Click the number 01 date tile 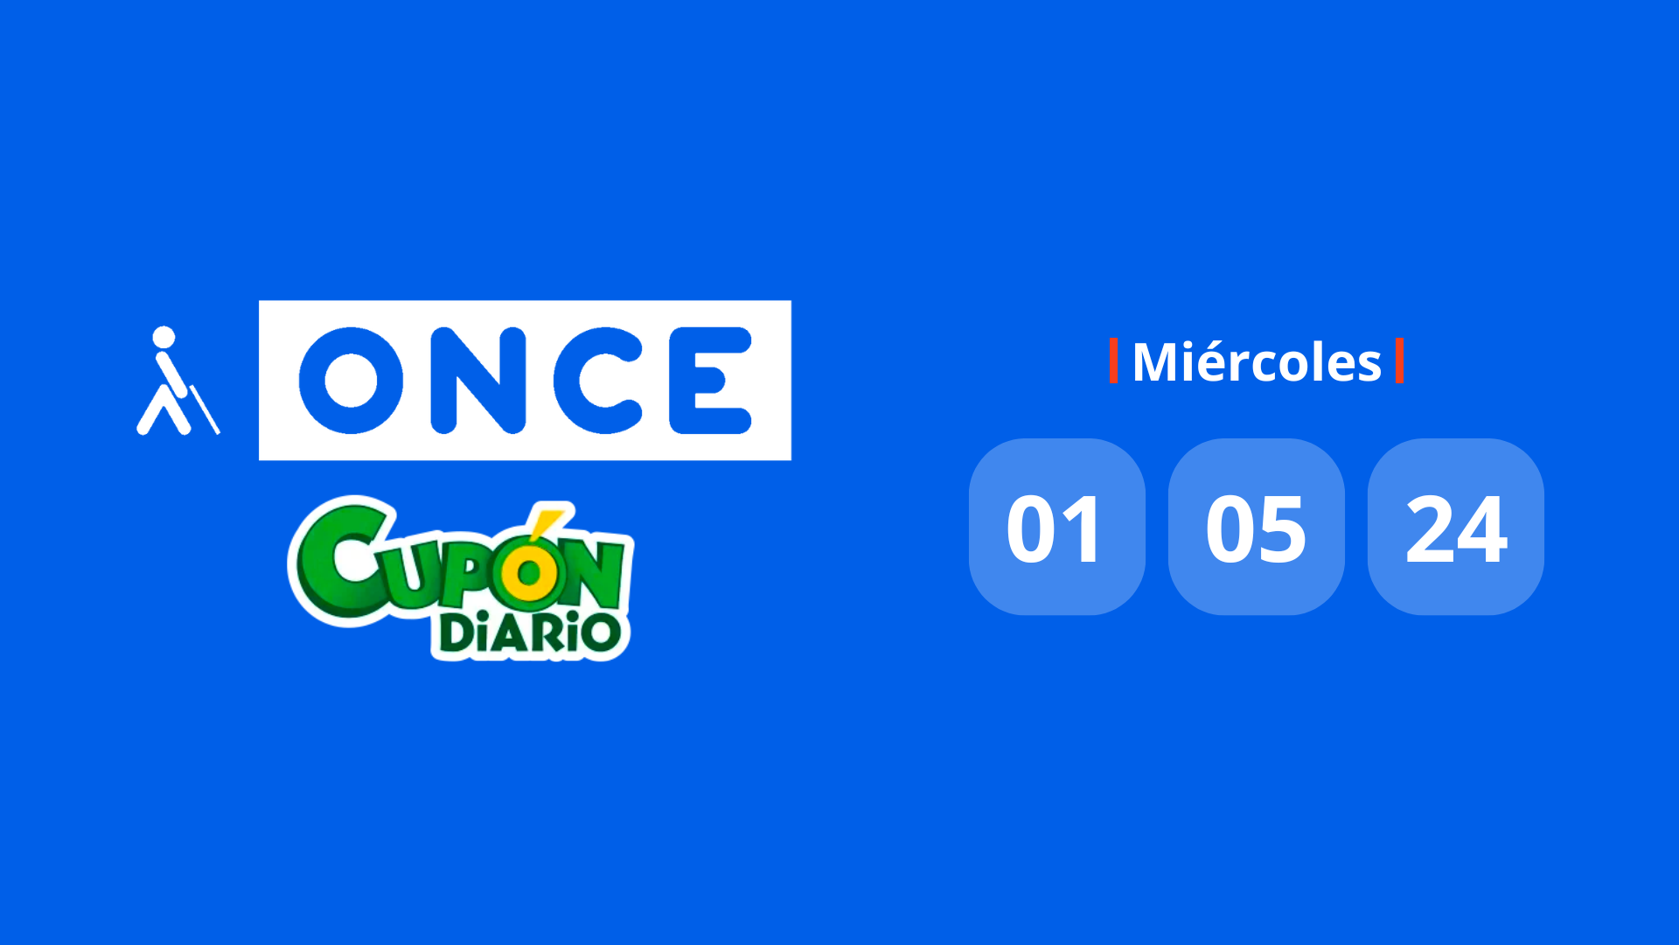click(1056, 527)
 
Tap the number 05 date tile click(1257, 527)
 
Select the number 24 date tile click(1456, 527)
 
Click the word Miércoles click(1257, 361)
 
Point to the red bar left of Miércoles click(1113, 360)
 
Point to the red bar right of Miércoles click(1399, 360)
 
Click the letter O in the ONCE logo click(351, 381)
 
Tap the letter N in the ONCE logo click(478, 381)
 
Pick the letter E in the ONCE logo click(710, 381)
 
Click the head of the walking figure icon click(164, 338)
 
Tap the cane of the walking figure click(205, 409)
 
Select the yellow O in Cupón click(528, 575)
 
